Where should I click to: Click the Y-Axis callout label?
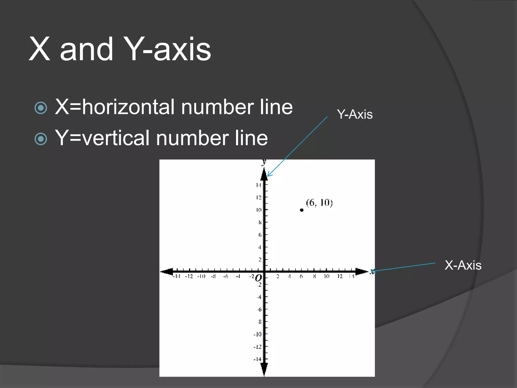click(355, 114)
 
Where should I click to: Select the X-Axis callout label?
click(463, 265)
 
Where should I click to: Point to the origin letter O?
click(258, 278)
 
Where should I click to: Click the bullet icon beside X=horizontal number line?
click(41, 108)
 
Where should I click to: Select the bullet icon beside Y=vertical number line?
click(41, 139)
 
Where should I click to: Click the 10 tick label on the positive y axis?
click(258, 210)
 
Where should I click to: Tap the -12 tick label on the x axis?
click(189, 277)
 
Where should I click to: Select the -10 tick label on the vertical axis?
click(257, 334)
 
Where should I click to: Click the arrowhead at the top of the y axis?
click(264, 175)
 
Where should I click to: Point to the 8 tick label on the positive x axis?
click(314, 277)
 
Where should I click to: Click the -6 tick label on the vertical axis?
click(259, 310)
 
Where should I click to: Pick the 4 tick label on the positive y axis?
click(260, 247)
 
